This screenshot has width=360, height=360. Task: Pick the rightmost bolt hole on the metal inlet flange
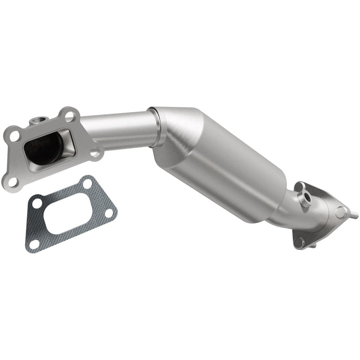(x=95, y=152)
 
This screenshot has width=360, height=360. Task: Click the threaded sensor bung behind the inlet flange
(x=37, y=121)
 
